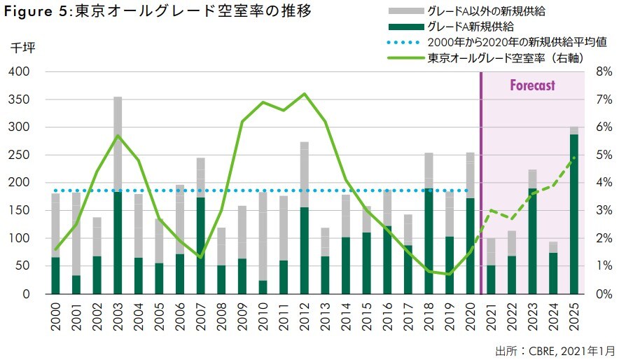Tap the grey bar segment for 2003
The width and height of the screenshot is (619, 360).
click(118, 144)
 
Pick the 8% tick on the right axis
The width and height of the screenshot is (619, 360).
click(603, 71)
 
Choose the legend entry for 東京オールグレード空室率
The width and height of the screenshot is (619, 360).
click(505, 58)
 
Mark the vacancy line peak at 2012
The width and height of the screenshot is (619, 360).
click(304, 94)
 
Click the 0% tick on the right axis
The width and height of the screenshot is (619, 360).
click(603, 293)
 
